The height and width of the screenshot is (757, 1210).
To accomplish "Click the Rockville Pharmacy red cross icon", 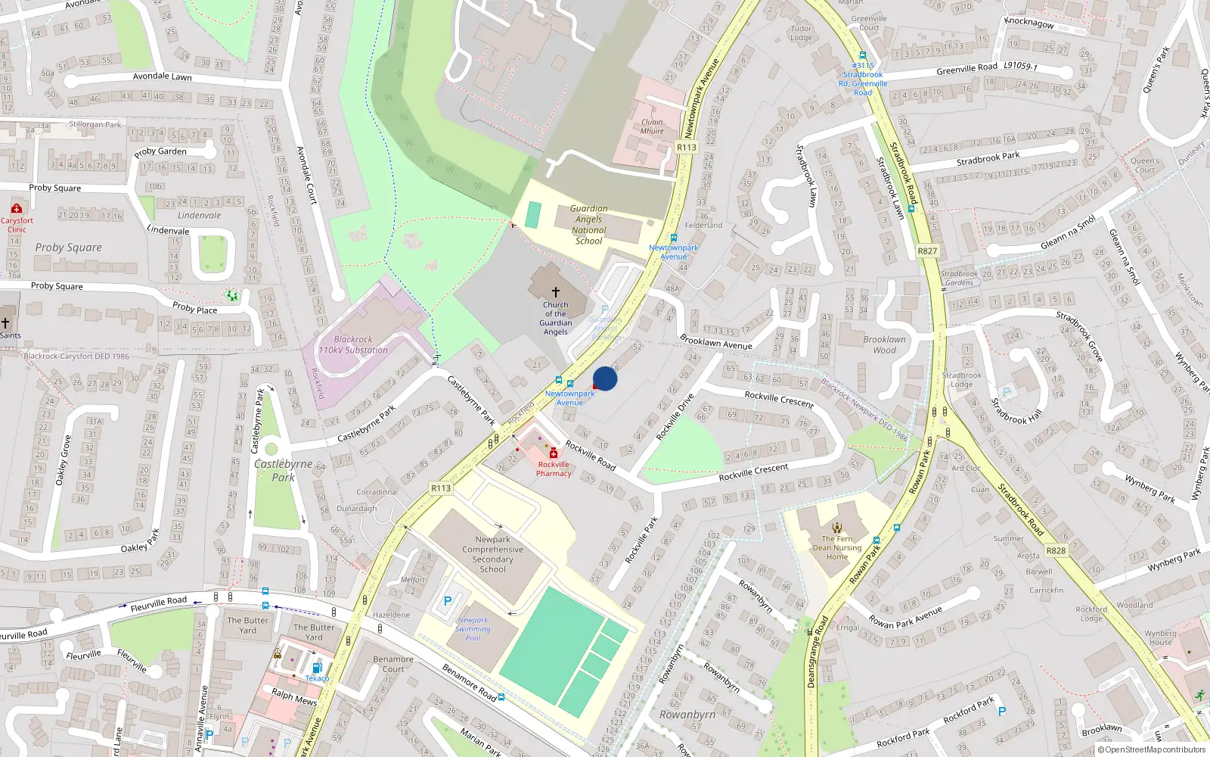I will click(x=554, y=453).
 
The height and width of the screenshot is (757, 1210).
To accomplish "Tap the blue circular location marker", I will click(x=605, y=378).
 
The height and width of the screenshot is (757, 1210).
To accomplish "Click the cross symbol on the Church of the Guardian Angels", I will click(x=556, y=291).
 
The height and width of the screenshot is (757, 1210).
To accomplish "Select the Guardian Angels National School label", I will click(x=588, y=225).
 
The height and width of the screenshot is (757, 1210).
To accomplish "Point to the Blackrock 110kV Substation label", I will click(x=353, y=345).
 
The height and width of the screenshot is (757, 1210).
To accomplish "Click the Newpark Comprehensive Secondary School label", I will click(x=492, y=554).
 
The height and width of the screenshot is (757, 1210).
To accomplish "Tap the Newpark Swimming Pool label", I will click(x=473, y=629).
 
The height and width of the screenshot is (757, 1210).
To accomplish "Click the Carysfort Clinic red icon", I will click(x=17, y=208).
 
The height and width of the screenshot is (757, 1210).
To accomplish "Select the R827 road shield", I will click(x=927, y=251).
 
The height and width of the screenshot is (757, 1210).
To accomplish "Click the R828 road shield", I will click(x=1056, y=550).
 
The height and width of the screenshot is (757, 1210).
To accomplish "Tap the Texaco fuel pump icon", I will click(x=317, y=667).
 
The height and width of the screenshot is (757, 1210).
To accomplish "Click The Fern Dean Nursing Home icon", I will click(x=837, y=528).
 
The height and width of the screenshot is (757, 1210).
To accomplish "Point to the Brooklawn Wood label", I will click(x=884, y=344).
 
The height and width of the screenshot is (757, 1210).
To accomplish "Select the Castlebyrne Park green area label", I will click(x=283, y=470).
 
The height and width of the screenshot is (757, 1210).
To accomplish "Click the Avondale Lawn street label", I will click(x=162, y=76).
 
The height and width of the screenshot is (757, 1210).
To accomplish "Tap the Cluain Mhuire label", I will click(x=652, y=126).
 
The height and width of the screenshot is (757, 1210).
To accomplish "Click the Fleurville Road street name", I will click(x=158, y=603).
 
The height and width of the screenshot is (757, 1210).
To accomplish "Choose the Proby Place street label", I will click(x=194, y=307).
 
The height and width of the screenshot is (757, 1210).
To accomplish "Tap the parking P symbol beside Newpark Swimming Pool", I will click(x=447, y=601).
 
